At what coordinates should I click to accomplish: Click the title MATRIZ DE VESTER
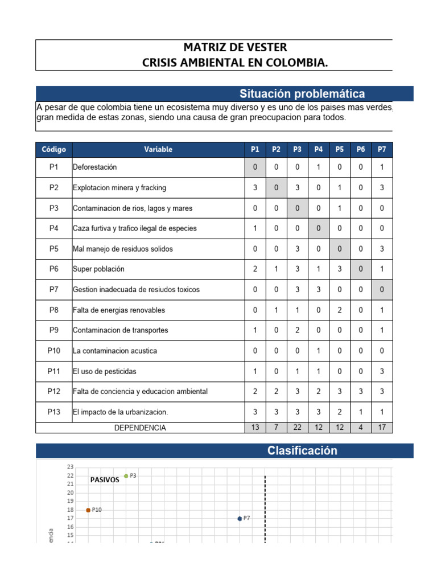click(x=235, y=47)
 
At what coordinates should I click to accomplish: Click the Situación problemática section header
click(x=302, y=94)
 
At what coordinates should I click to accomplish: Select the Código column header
click(x=53, y=150)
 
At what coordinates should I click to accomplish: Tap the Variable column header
click(x=158, y=150)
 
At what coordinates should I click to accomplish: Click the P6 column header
click(x=361, y=150)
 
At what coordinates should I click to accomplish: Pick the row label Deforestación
click(x=94, y=167)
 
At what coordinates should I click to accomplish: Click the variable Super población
click(x=98, y=269)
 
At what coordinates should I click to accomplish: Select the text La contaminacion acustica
click(x=114, y=351)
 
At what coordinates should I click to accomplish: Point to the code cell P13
click(x=53, y=412)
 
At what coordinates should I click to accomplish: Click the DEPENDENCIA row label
click(x=140, y=428)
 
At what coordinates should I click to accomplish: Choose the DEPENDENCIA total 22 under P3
click(x=297, y=428)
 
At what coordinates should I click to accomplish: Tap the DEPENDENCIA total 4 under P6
click(x=361, y=428)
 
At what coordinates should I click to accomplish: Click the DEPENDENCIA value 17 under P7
click(x=382, y=428)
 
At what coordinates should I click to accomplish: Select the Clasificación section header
click(x=302, y=451)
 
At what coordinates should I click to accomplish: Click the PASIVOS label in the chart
click(x=105, y=480)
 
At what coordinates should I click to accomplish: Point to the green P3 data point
click(x=126, y=476)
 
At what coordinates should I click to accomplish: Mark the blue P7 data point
click(x=240, y=519)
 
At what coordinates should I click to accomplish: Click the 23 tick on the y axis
click(x=71, y=467)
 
